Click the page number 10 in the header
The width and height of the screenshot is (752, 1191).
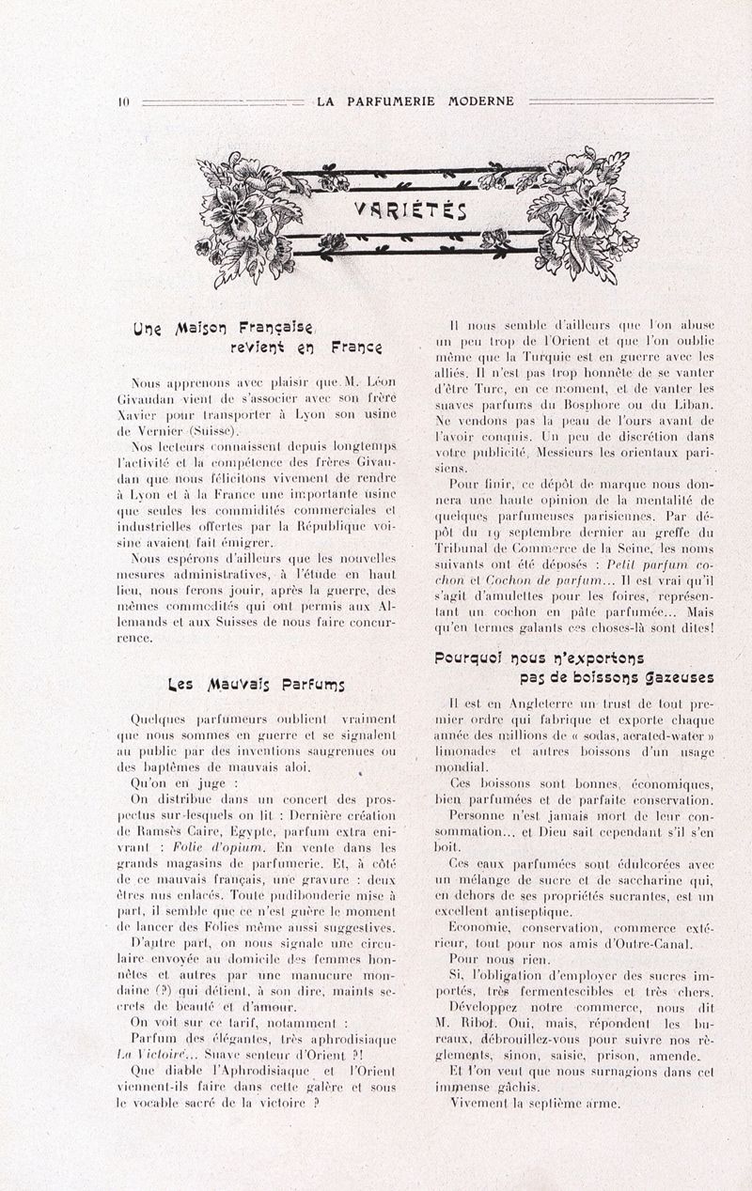click(123, 101)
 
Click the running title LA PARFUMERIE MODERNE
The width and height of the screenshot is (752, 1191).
click(415, 101)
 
